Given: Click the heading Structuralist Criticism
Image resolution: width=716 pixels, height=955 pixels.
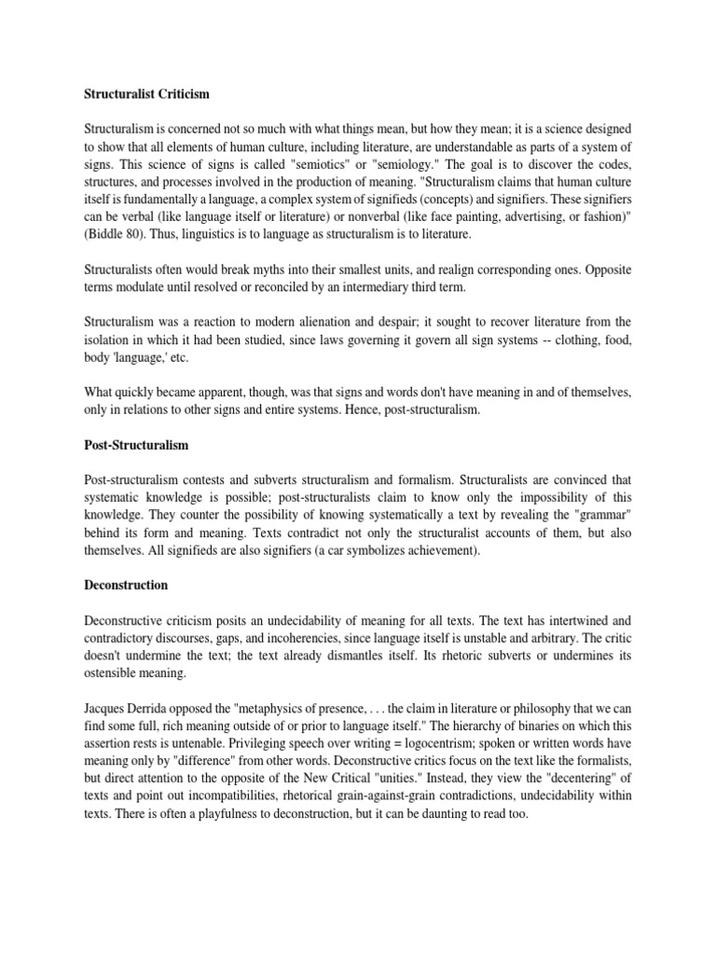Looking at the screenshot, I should point(147,94).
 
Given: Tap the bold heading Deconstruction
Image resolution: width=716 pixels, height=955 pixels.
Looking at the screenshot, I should point(126,585).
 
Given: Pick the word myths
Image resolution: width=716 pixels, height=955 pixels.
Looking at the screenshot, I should point(278,269).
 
